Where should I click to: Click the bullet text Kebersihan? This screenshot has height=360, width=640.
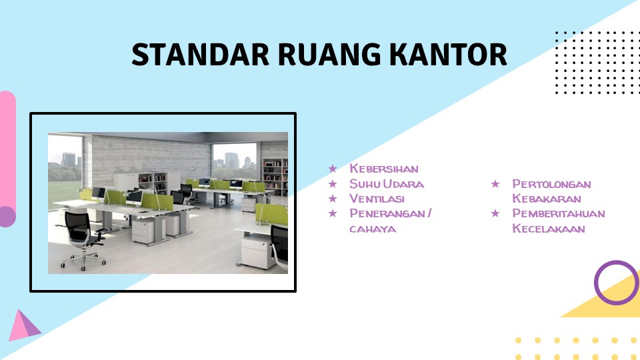tap(383, 169)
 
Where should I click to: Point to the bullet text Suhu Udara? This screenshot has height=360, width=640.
tap(386, 184)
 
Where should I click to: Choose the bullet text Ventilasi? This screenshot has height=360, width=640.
tap(377, 199)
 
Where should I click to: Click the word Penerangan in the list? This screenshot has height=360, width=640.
tap(387, 214)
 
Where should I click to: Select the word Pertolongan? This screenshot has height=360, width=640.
tap(551, 184)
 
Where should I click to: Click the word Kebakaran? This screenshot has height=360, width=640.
tap(546, 199)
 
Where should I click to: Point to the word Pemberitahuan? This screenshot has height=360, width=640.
tap(558, 214)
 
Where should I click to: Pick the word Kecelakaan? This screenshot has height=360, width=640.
tap(548, 229)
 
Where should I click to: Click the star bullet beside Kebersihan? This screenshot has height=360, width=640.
tap(333, 169)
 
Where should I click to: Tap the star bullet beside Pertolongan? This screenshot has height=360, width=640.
tap(495, 184)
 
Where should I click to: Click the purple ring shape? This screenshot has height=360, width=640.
tap(616, 283)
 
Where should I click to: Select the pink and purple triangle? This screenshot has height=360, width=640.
tap(23, 327)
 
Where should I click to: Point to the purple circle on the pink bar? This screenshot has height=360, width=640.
tap(7, 216)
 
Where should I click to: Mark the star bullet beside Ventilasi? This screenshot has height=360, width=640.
tap(333, 199)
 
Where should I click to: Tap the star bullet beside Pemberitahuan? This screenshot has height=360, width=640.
tap(495, 214)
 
